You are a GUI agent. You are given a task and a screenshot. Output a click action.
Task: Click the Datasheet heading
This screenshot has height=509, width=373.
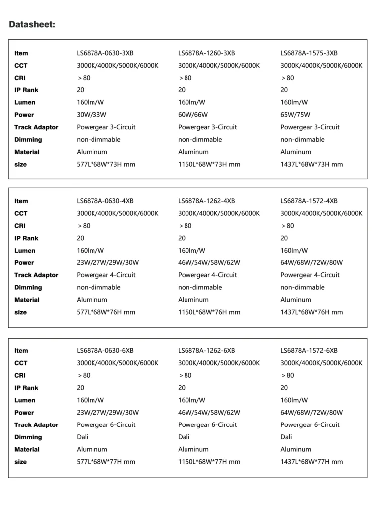32,24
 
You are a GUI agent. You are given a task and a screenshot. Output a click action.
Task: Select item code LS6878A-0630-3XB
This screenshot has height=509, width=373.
105,53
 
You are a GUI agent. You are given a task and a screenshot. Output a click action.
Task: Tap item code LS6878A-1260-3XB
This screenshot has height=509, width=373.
206,53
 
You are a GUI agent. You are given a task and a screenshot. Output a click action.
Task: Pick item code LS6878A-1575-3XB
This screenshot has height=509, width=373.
309,53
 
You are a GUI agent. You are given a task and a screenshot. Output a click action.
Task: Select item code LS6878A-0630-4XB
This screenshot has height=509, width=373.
105,201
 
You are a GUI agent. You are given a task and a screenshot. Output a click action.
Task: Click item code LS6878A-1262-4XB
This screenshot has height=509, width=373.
206,201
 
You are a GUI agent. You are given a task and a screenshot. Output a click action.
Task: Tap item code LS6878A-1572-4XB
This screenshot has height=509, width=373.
309,201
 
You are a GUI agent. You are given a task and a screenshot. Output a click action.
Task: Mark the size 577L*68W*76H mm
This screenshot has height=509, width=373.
106,312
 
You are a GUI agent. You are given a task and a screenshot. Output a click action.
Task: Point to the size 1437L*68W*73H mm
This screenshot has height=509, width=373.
312,164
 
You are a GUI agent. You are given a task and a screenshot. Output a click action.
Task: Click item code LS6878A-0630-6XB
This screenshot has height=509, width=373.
105,351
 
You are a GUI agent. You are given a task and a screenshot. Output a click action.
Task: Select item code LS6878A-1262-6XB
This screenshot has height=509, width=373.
206,351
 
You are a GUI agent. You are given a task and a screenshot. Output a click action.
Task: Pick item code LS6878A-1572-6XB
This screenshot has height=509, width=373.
309,351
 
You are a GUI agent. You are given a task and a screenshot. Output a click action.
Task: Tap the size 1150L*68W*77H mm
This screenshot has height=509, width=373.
209,462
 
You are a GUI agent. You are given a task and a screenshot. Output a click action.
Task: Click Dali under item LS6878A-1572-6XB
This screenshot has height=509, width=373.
286,437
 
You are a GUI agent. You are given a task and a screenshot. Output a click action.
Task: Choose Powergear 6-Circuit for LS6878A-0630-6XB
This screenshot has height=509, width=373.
107,425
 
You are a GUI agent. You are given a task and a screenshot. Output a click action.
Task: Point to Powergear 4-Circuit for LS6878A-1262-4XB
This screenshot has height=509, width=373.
208,275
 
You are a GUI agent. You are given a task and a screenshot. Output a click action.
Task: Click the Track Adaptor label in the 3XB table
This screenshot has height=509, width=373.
36,127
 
